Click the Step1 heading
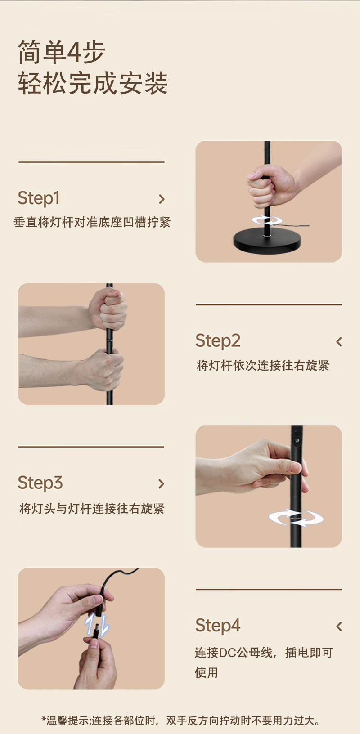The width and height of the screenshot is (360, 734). coord(39,198)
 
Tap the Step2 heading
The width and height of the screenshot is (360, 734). coord(218,341)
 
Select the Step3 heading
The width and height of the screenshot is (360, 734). coord(40,483)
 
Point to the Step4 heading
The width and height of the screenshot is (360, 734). coord(218,626)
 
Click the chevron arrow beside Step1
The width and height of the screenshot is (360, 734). coord(162,199)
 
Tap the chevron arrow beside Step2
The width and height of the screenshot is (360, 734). coord(339,342)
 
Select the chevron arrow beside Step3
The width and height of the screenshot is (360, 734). coord(162,484)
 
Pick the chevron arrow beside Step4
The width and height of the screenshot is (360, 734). coord(339,626)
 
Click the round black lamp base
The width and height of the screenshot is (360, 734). coord(267,240)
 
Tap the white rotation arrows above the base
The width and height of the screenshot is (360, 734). coord(267,220)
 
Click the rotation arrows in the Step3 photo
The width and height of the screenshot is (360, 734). coord(296,518)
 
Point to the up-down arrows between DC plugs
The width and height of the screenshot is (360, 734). coord(98,625)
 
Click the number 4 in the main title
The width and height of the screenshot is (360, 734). coord(74,53)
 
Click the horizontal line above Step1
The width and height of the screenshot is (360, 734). coord(91,162)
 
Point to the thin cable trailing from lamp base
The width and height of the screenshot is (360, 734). coord(297,226)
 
